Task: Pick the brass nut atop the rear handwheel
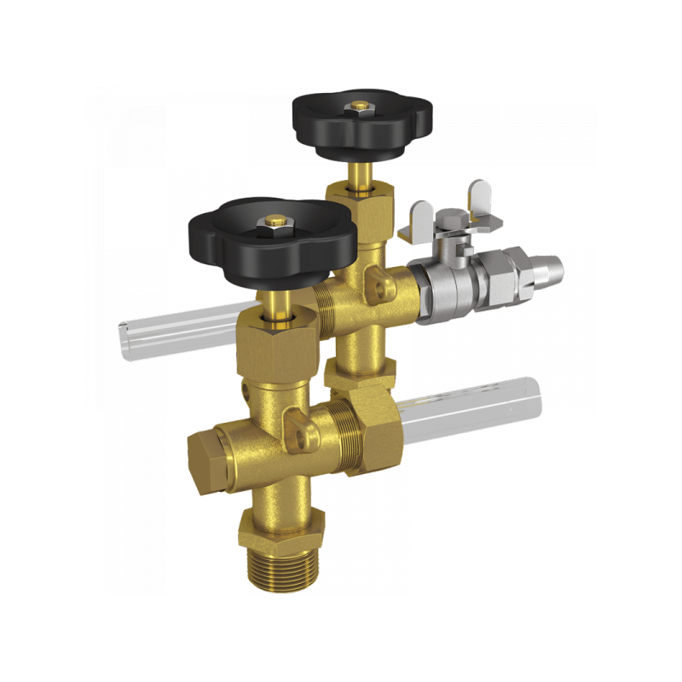361,107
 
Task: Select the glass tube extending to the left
170,324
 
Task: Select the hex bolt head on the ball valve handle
452,223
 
